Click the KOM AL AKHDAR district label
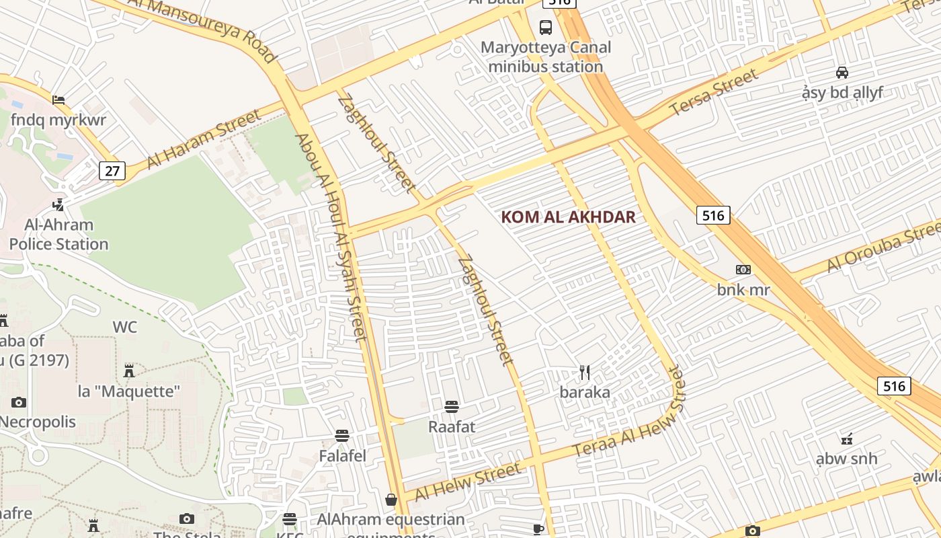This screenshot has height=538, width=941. [x=569, y=217]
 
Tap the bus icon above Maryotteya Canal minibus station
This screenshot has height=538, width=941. [x=545, y=28]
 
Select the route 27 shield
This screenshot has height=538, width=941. [x=112, y=171]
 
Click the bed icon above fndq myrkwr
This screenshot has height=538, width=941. [x=58, y=100]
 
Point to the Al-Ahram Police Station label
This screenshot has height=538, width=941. [x=58, y=234]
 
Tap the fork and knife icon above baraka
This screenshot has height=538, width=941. [x=585, y=373]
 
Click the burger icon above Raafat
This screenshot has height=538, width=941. [x=452, y=406]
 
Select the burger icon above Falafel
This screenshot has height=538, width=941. [x=342, y=436]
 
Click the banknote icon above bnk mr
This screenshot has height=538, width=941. [x=743, y=270]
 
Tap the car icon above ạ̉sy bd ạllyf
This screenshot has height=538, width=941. [x=842, y=73]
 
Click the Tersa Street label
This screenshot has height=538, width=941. [x=714, y=91]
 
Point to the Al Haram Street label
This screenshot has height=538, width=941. [x=204, y=139]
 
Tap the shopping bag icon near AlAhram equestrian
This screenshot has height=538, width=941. [x=391, y=500]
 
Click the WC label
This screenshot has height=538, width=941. [x=124, y=328]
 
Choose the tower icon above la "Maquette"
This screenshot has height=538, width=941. [x=129, y=371]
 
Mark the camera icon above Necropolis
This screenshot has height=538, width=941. [x=19, y=402]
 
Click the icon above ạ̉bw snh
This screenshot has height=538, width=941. [x=846, y=439]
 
